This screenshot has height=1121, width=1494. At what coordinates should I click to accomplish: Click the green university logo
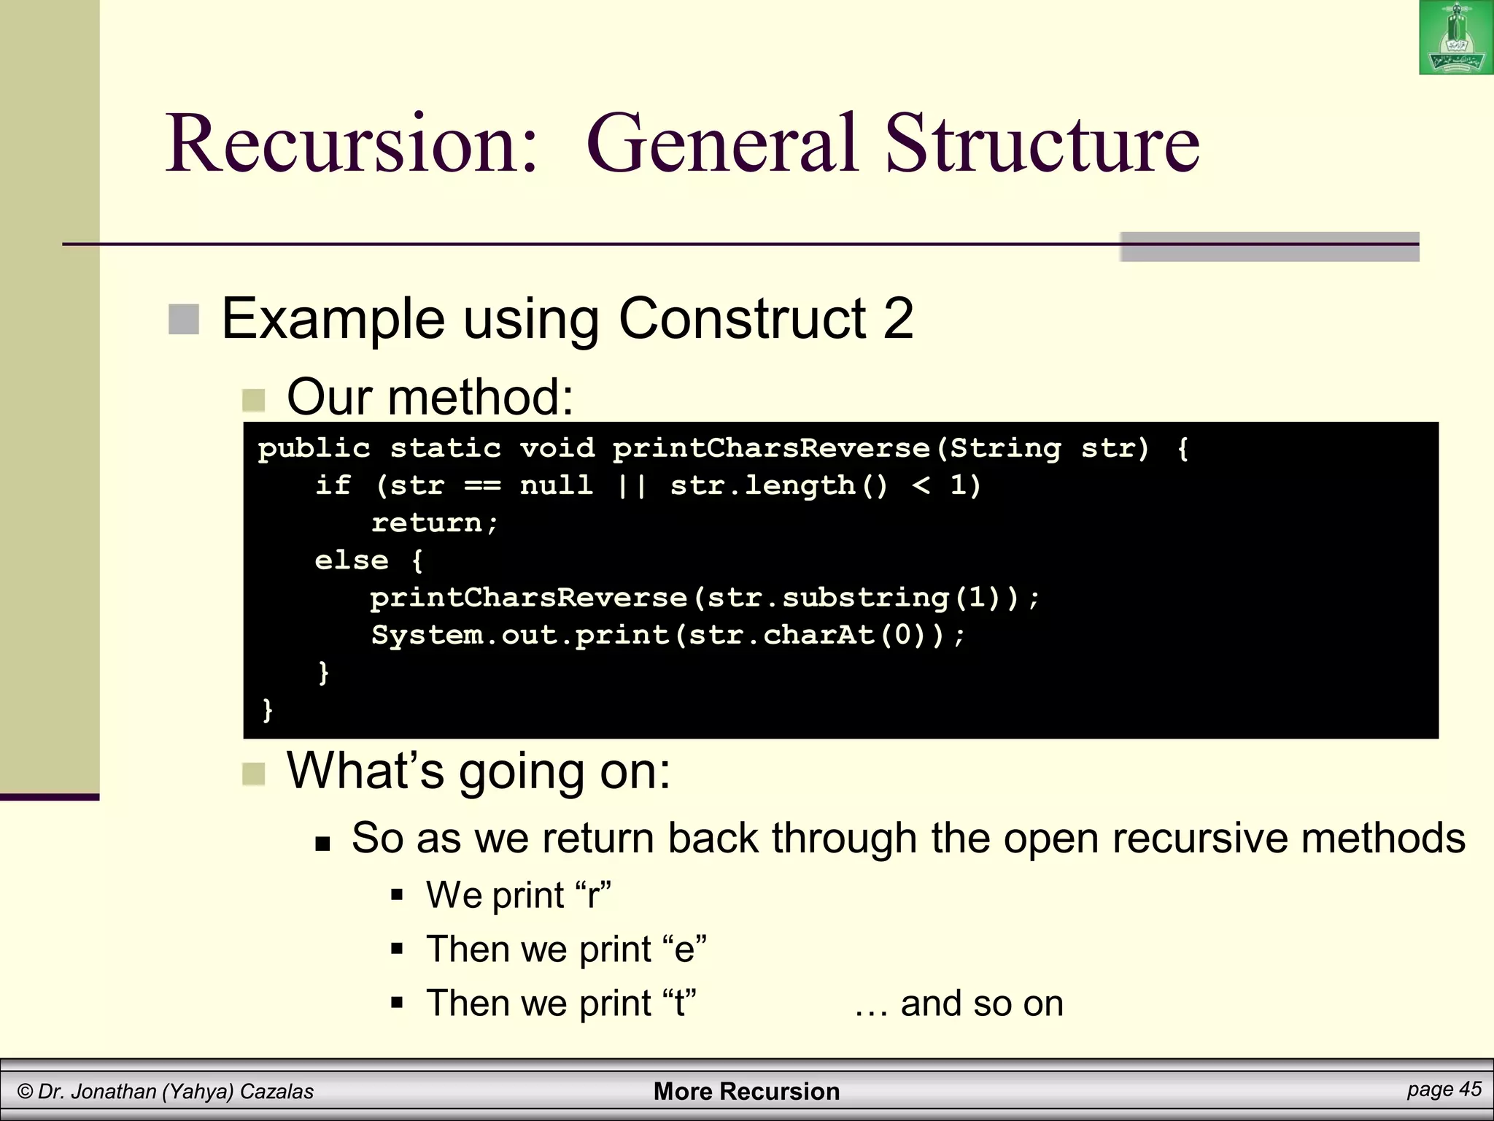point(1456,38)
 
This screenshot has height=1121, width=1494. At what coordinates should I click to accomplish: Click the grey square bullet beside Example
point(184,320)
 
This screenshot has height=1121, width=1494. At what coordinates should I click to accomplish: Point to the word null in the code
point(556,485)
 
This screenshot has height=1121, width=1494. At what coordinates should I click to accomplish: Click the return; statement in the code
point(435,523)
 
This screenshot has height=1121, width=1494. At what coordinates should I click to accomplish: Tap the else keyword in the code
point(351,560)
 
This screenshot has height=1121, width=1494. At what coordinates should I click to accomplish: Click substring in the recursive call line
point(866,598)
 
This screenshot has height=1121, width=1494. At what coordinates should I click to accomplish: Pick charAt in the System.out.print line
point(819,636)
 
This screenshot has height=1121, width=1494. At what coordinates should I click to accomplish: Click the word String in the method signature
point(1005,448)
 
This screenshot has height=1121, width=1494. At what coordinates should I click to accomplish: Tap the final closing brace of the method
point(267,710)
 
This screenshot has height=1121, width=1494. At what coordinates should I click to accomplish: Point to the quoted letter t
point(679,1003)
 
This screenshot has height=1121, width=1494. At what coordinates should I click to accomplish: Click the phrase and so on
point(981,1003)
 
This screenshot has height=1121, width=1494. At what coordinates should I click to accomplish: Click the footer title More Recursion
point(746,1091)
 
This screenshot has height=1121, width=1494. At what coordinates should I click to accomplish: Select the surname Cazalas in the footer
point(276,1092)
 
